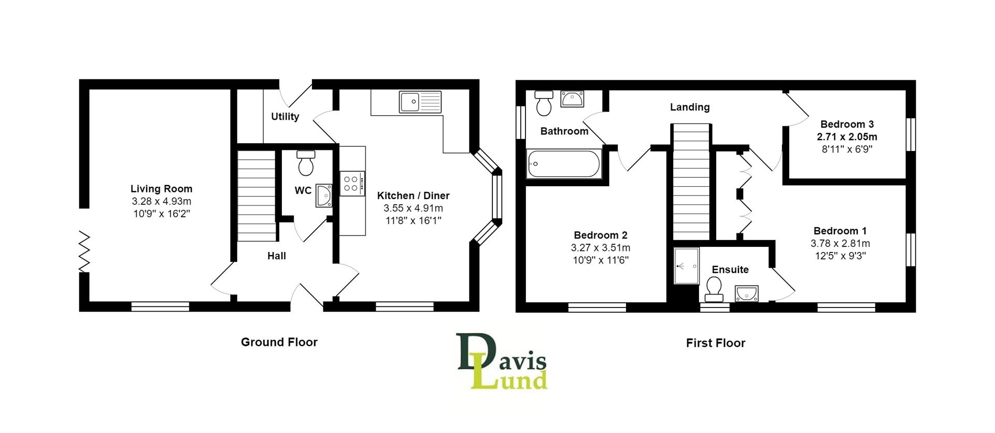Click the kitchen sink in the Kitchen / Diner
coord(420,102)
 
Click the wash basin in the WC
coord(324,195)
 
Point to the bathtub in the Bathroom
coord(563,164)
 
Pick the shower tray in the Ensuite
coord(686,266)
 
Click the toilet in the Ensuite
coord(714,289)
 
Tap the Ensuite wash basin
coord(746,294)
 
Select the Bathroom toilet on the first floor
coord(544,103)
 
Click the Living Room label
coord(161,189)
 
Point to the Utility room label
coord(285,117)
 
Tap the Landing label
coord(690,107)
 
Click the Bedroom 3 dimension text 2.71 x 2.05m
coord(847,137)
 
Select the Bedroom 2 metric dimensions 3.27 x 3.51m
coord(601,248)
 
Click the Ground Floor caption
coord(279,342)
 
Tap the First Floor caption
coord(715,343)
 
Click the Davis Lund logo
coord(502,361)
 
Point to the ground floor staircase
coord(256,195)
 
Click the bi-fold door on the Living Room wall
coord(84,252)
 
